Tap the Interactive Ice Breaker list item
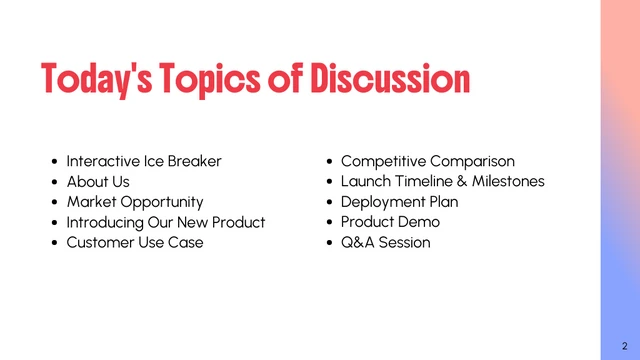[x=144, y=161]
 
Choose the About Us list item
[x=98, y=182]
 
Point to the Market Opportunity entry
[x=135, y=202]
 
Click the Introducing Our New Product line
[x=166, y=222]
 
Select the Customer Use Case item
[x=135, y=243]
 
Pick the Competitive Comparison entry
[x=428, y=161]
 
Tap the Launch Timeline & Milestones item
[x=443, y=182]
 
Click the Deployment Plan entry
[x=400, y=202]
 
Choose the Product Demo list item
[x=390, y=222]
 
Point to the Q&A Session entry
[x=386, y=243]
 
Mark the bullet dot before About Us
[x=54, y=183]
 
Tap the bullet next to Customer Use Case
[x=54, y=244]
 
